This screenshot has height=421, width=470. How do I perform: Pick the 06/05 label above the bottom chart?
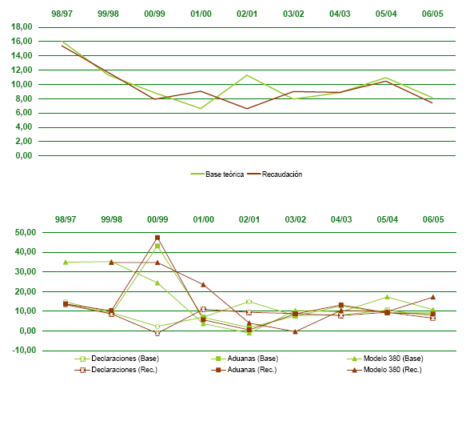click(432, 219)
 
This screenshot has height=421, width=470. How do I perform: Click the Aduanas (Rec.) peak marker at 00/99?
click(157, 238)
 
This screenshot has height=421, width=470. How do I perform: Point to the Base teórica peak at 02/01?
click(249, 75)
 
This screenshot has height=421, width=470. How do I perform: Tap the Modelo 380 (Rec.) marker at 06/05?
click(432, 297)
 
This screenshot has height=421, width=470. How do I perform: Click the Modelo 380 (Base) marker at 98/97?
click(66, 262)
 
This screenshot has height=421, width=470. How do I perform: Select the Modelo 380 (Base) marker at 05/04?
click(387, 297)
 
